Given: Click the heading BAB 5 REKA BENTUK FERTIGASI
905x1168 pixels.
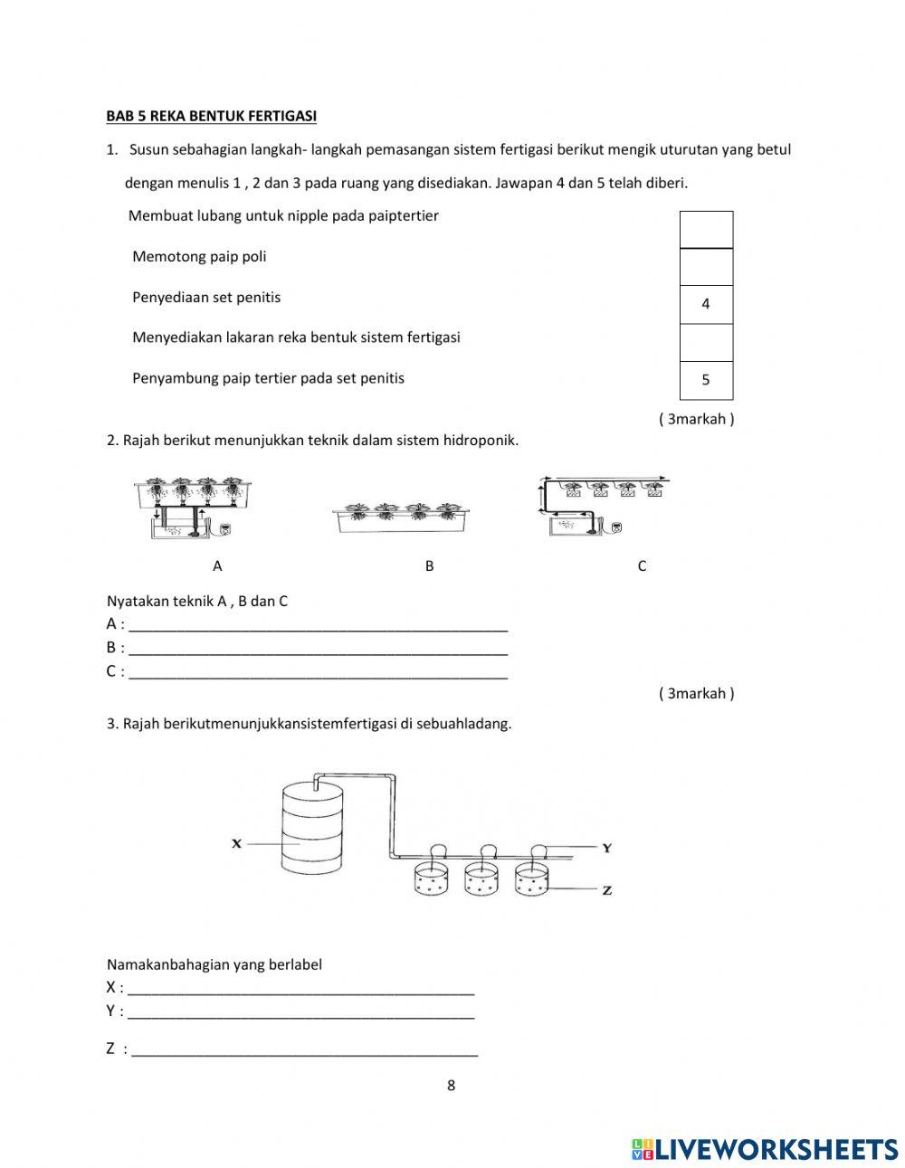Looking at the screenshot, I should pos(211,116).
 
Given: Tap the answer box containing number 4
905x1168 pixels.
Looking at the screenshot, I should pos(706,305).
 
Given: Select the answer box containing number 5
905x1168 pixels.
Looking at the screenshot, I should pos(706,380).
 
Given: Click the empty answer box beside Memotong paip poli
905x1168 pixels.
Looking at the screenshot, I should pos(706,267).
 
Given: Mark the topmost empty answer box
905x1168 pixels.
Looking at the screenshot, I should pos(706,230).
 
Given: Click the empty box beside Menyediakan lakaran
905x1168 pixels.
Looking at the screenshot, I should pos(706,343).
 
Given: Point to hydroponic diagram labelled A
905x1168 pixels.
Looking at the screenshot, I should pos(191,508).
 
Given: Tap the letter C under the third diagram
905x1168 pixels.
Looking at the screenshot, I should pos(642,566).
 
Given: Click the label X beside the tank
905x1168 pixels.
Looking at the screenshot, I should pos(236,843).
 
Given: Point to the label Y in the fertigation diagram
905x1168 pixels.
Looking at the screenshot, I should pos(607,849).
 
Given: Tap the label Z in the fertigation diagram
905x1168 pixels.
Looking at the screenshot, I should pos(607,890).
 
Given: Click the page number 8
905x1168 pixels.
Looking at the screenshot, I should pos(451,1086).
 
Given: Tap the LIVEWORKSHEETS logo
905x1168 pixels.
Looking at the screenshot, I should pos(765,1148).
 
